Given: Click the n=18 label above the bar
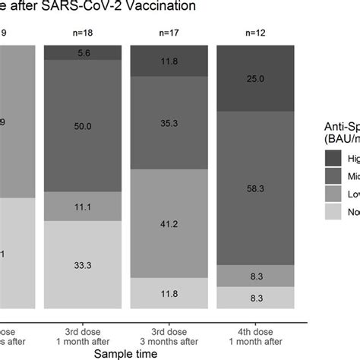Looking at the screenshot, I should click(84, 33).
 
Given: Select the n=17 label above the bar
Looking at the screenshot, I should click(169, 33).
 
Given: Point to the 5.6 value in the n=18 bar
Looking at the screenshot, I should click(84, 52).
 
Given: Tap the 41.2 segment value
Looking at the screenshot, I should click(169, 224).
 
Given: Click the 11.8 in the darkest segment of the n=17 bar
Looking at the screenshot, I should click(169, 61).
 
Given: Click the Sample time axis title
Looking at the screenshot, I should click(126, 353).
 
